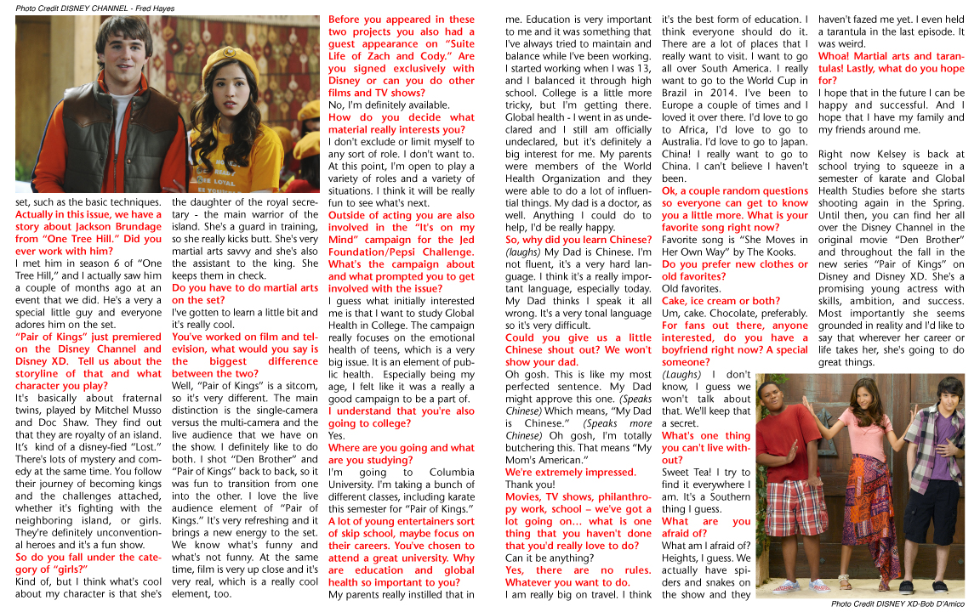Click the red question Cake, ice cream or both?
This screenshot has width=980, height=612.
[x=721, y=301]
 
